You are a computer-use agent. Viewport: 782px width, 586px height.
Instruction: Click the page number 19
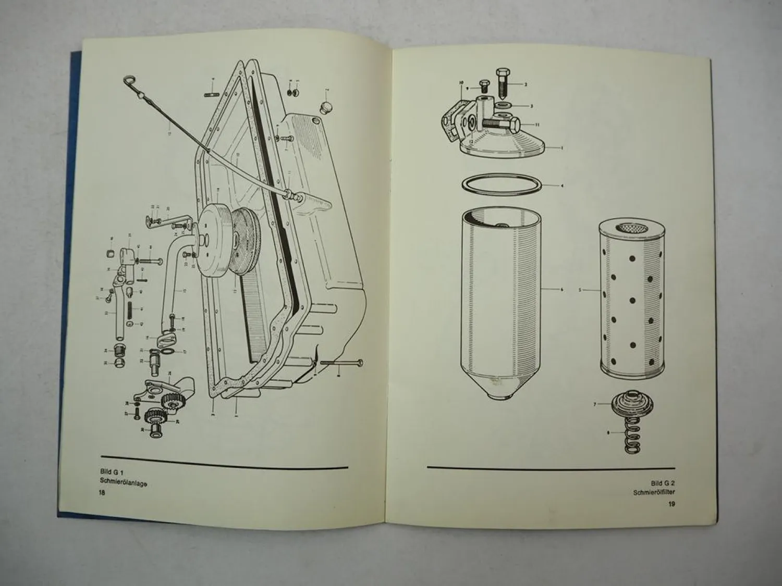[x=671, y=504]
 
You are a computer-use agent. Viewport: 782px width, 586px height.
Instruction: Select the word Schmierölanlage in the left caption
[x=124, y=483]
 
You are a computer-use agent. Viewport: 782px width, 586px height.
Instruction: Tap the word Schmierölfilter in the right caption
[x=654, y=493]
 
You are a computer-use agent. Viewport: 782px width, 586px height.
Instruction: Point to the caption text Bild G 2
[x=663, y=483]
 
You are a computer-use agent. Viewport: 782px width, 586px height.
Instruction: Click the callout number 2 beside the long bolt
[x=526, y=84]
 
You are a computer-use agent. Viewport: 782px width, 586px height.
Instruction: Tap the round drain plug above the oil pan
[x=327, y=107]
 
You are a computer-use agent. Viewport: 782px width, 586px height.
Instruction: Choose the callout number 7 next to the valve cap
[x=595, y=404]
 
